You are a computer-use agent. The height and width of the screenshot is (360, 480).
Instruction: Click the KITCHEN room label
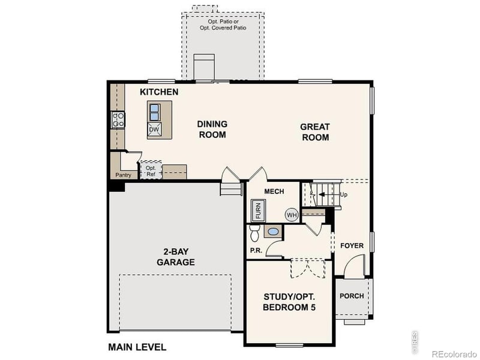[x=159, y=92]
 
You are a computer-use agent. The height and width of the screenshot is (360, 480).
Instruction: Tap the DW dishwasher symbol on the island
[x=154, y=129]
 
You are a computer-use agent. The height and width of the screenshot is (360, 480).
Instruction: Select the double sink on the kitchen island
[x=154, y=112]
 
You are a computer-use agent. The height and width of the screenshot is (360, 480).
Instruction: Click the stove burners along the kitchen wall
[x=118, y=119]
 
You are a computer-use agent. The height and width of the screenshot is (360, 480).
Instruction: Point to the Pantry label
[x=123, y=175]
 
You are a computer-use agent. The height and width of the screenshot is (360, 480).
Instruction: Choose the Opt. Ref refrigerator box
[x=151, y=171]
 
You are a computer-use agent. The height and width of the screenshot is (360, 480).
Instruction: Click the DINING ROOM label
[x=212, y=129]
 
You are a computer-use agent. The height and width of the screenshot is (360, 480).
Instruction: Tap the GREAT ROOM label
[x=314, y=132]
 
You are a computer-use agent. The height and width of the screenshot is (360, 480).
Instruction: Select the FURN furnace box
[x=258, y=211]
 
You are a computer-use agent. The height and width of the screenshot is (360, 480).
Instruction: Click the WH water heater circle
[x=292, y=215]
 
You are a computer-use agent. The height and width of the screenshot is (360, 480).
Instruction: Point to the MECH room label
[x=274, y=191]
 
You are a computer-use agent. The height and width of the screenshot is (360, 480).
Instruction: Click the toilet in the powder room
[x=253, y=231]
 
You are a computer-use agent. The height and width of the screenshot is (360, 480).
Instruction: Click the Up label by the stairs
[x=343, y=195]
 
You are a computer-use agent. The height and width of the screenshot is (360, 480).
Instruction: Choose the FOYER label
[x=352, y=245]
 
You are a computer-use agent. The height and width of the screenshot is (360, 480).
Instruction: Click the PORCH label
[x=352, y=296]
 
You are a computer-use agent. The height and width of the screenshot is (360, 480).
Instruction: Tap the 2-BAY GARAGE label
[x=176, y=257]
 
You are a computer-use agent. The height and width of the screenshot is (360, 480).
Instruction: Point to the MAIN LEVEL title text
[x=137, y=347]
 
